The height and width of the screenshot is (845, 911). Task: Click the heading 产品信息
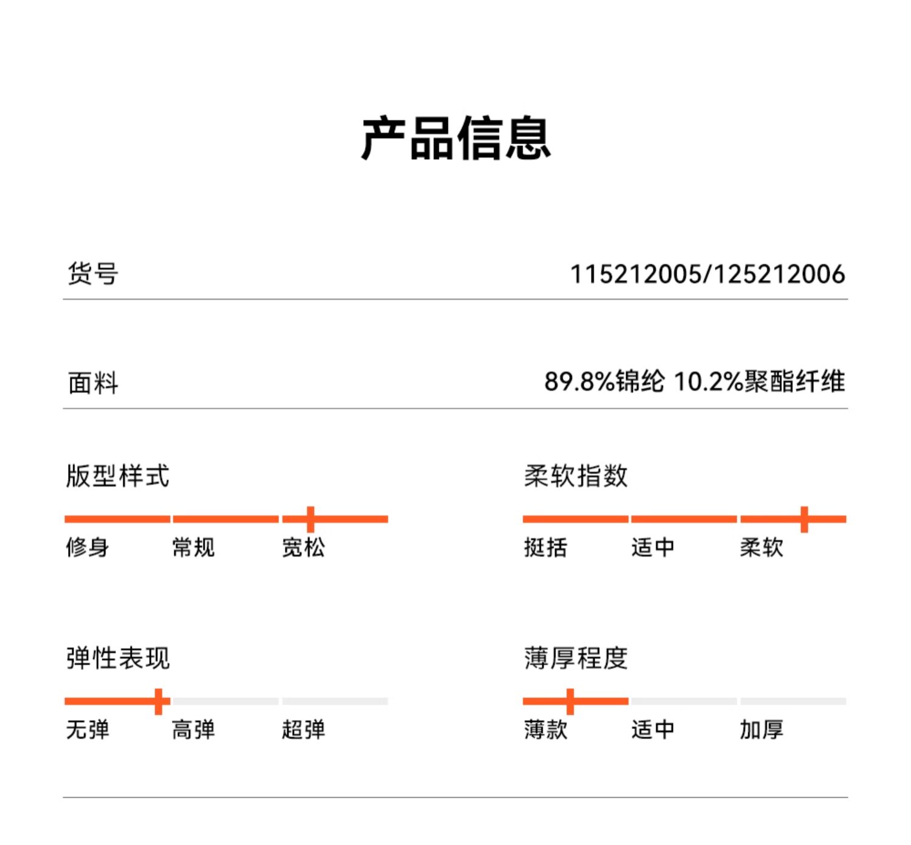pos(455,139)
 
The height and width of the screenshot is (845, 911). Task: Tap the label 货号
pos(92,273)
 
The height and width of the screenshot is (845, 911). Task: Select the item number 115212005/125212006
pos(707,274)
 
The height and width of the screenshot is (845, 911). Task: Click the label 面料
pos(92,383)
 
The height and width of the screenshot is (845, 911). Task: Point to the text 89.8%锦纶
pos(604,382)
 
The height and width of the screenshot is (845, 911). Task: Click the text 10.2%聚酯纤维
pos(759,382)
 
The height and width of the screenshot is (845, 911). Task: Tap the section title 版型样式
pos(117,476)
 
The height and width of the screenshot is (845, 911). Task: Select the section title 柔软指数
pos(575,476)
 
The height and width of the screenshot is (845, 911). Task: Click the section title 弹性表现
pos(117,658)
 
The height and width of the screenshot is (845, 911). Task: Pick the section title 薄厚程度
pos(575,658)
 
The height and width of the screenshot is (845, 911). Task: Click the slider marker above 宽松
pos(310,519)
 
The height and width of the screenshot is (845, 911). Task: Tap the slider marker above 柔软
pos(804,519)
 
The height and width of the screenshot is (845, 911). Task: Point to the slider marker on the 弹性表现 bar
pos(159,701)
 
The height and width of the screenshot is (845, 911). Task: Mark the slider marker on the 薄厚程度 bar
pos(570,701)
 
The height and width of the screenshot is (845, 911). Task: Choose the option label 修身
pos(87,547)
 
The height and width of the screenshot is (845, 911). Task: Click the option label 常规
pos(193,547)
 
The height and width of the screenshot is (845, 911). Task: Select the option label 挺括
pos(545,547)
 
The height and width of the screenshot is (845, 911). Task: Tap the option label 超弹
pos(303,729)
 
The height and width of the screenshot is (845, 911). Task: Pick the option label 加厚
pos(761,729)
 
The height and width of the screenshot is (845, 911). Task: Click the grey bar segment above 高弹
pos(225,701)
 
